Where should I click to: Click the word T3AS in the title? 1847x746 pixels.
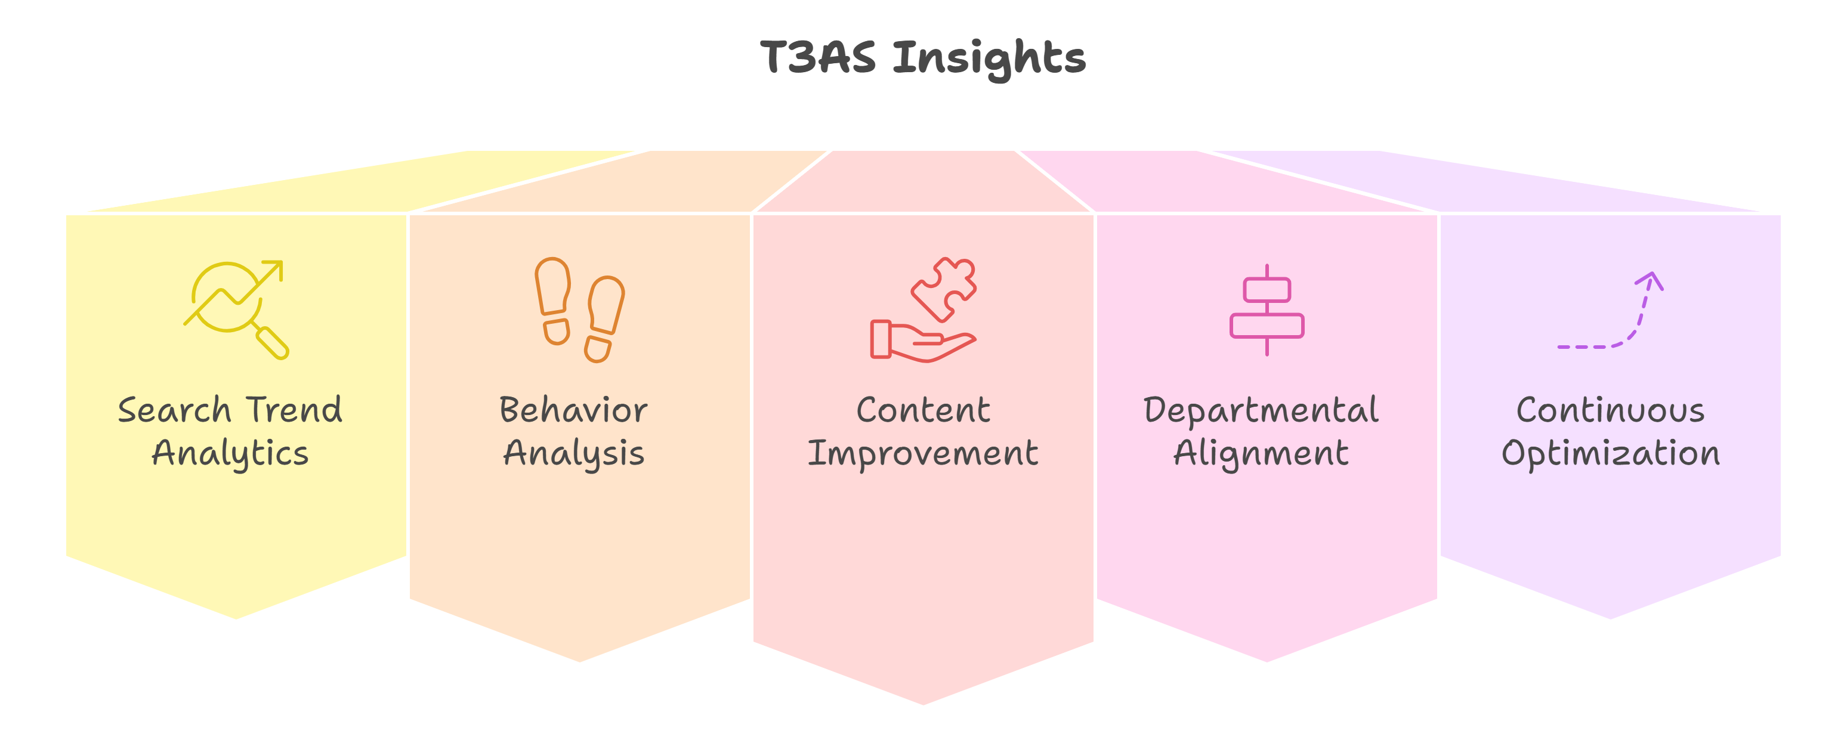[817, 57]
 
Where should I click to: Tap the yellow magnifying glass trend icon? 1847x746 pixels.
[236, 309]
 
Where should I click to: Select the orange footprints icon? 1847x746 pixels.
[579, 309]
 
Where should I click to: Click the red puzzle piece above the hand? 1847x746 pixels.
[944, 288]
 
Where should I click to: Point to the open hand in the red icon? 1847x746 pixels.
[925, 342]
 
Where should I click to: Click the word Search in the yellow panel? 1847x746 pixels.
[174, 411]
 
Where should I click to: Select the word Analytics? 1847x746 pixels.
[230, 454]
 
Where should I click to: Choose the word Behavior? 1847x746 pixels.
[573, 411]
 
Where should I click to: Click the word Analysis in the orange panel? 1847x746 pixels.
[573, 454]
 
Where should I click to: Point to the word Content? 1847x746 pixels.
[923, 411]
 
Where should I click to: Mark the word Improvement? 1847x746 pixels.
[923, 454]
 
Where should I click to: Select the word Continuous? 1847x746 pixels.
[1610, 411]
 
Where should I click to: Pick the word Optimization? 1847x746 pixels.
[1610, 454]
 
